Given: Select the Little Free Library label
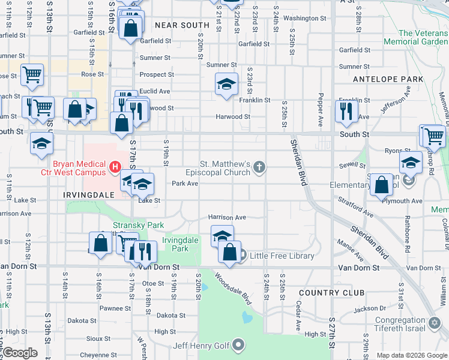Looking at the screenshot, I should pyautogui.click(x=282, y=256).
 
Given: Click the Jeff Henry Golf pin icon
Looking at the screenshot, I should pyautogui.click(x=239, y=344).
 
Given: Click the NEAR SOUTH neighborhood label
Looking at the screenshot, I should pyautogui.click(x=182, y=25).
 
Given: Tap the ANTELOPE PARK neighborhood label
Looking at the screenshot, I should pyautogui.click(x=388, y=79).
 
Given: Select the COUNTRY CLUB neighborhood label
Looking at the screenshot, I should pyautogui.click(x=331, y=293).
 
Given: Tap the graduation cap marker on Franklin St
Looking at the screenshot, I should pyautogui.click(x=226, y=84).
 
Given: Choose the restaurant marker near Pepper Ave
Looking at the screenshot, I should pyautogui.click(x=346, y=111).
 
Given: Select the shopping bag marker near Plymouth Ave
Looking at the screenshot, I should pyautogui.click(x=381, y=185).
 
